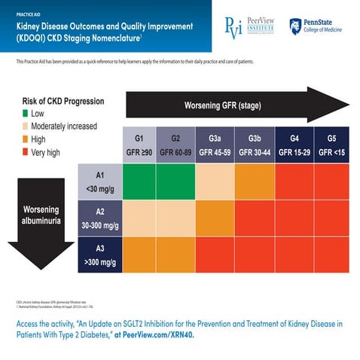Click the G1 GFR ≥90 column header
coord(139,145)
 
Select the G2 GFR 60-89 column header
coord(175,145)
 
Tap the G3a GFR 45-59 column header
coord(215,145)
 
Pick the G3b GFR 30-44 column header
coord(254,145)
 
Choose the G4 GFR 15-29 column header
coord(293,145)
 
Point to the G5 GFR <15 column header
coord(331,145)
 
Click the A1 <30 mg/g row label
coord(100,182)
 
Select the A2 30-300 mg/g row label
coord(100,218)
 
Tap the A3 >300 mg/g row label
coord(100,255)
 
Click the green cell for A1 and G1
coord(139,182)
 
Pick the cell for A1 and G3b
coord(254,182)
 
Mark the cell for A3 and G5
coord(331,255)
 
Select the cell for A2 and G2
coord(175,218)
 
